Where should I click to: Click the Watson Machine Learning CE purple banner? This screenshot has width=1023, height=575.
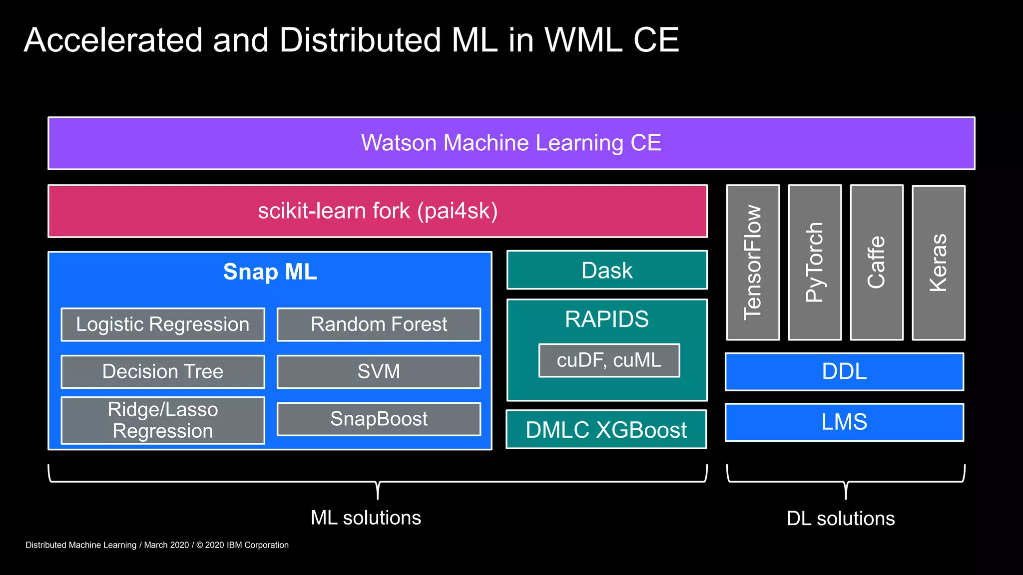(511, 143)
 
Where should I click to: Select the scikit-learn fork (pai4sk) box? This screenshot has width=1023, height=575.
(378, 211)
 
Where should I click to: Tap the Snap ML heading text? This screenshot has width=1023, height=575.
(270, 272)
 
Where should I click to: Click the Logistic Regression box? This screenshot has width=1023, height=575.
(163, 324)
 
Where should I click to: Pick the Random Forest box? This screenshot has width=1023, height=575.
(379, 324)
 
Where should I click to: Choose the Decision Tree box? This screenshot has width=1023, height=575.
(163, 372)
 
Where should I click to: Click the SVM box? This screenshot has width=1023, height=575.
(379, 372)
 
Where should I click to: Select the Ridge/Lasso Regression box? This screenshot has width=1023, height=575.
(163, 420)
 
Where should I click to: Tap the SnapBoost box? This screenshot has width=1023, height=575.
(379, 419)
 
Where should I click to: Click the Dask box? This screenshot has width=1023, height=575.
(607, 271)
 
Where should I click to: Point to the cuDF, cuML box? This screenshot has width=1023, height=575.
(609, 360)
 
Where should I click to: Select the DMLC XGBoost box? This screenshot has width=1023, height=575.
(606, 430)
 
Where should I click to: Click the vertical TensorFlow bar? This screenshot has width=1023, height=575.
(753, 263)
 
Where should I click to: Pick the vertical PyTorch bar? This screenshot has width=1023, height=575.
(815, 263)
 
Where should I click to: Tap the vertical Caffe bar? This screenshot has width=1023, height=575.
(877, 263)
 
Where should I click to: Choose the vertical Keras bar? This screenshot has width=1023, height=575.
(939, 263)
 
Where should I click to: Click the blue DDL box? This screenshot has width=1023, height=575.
(844, 372)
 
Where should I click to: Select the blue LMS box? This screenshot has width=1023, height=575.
(844, 422)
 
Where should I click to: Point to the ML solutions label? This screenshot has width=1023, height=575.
(366, 518)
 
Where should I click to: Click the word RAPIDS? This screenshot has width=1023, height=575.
(606, 319)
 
